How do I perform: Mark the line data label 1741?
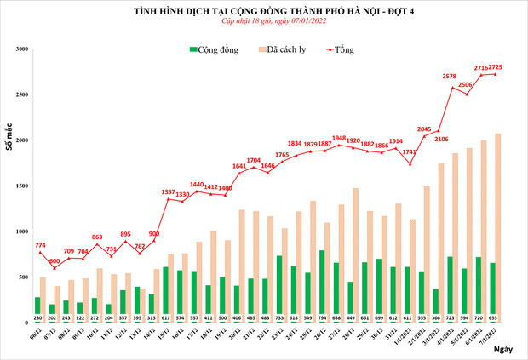pos(408,152)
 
